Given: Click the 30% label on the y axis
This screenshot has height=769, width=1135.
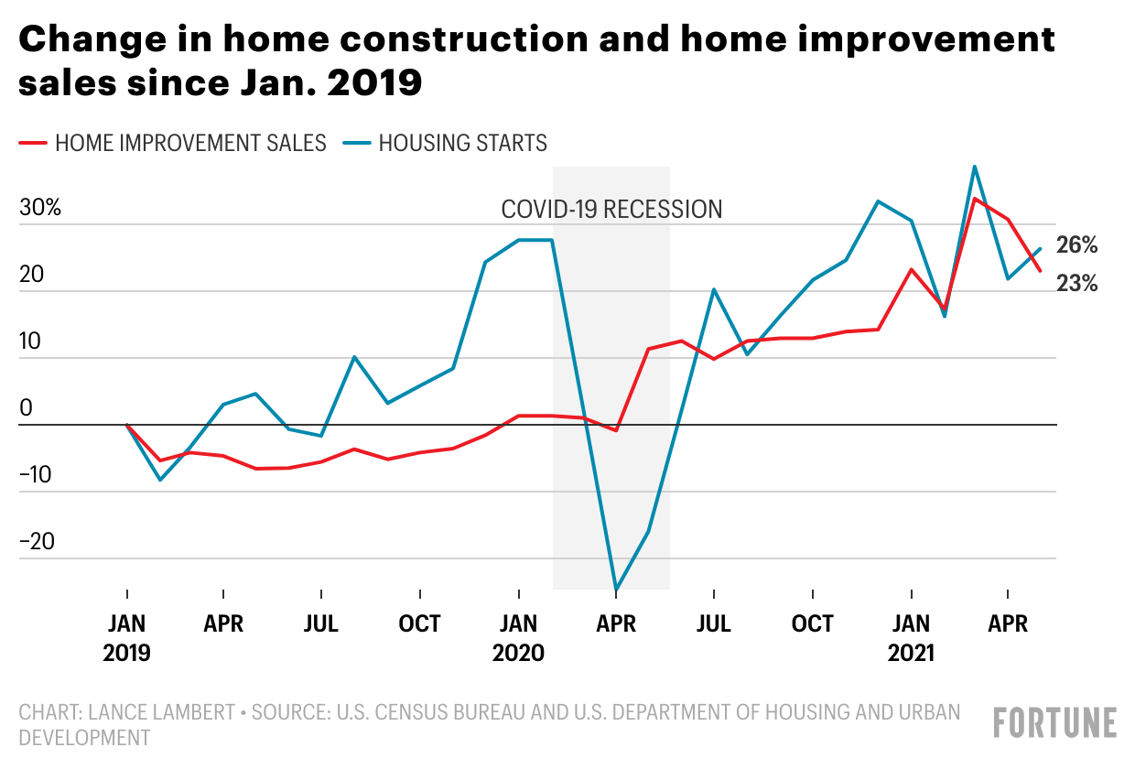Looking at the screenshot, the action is [x=40, y=207].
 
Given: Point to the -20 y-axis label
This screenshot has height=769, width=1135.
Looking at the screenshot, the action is [x=37, y=541].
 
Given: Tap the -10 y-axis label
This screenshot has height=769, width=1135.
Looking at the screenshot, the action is [x=35, y=475].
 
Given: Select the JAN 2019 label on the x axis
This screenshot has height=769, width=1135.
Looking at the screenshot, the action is [x=126, y=638].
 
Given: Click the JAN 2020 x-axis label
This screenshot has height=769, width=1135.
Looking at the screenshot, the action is [x=518, y=638].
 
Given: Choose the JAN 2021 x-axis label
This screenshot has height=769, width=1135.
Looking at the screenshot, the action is [x=911, y=638].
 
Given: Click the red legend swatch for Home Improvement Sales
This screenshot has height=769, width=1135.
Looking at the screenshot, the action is [x=33, y=143].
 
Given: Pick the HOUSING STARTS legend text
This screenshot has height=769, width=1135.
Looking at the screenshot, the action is [x=462, y=143].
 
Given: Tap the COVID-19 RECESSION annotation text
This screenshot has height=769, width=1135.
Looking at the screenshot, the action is [x=611, y=210].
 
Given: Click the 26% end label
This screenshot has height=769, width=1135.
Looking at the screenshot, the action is [x=1076, y=245].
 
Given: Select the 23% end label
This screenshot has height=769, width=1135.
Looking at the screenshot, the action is [x=1076, y=284].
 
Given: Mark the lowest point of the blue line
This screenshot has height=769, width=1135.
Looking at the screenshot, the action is [x=616, y=590].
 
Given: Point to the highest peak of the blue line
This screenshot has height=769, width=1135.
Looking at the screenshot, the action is [x=975, y=167].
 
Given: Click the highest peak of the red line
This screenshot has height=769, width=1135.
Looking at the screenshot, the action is [x=975, y=199].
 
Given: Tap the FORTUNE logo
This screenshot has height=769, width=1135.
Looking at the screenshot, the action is [x=1055, y=723].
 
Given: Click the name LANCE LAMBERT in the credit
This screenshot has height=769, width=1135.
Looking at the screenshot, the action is [x=162, y=712].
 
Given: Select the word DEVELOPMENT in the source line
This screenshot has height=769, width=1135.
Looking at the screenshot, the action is [x=84, y=738].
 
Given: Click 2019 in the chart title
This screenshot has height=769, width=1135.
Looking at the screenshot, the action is [x=374, y=82].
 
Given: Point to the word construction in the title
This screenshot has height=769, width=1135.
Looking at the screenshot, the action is [x=464, y=39].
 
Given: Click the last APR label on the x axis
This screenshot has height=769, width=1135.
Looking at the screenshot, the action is [x=1008, y=623].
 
